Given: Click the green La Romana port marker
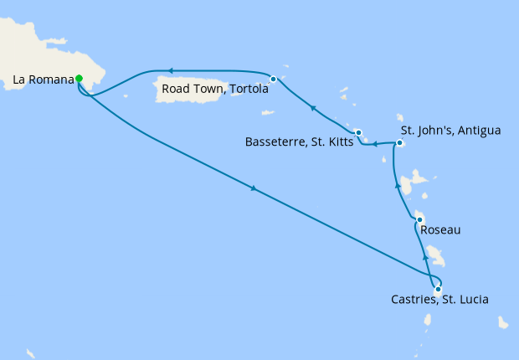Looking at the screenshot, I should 79,79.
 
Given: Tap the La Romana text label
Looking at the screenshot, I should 42,81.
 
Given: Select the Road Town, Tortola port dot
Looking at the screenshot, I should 274,79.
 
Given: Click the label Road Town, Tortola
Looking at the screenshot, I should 214,90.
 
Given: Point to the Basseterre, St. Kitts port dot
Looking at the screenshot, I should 357,132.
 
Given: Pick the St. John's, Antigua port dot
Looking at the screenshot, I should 399,143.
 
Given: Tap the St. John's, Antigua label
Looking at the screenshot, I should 450,131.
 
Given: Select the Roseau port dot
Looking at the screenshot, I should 419,220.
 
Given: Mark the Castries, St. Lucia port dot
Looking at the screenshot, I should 438,289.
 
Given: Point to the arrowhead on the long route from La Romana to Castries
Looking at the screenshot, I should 253,189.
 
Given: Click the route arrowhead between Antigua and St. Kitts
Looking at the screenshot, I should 376,144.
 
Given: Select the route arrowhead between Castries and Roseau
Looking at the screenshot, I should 425,249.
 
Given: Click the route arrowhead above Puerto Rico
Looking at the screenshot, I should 170,71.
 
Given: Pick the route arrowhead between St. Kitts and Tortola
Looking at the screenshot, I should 312,107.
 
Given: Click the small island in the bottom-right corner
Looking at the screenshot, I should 503,322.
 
